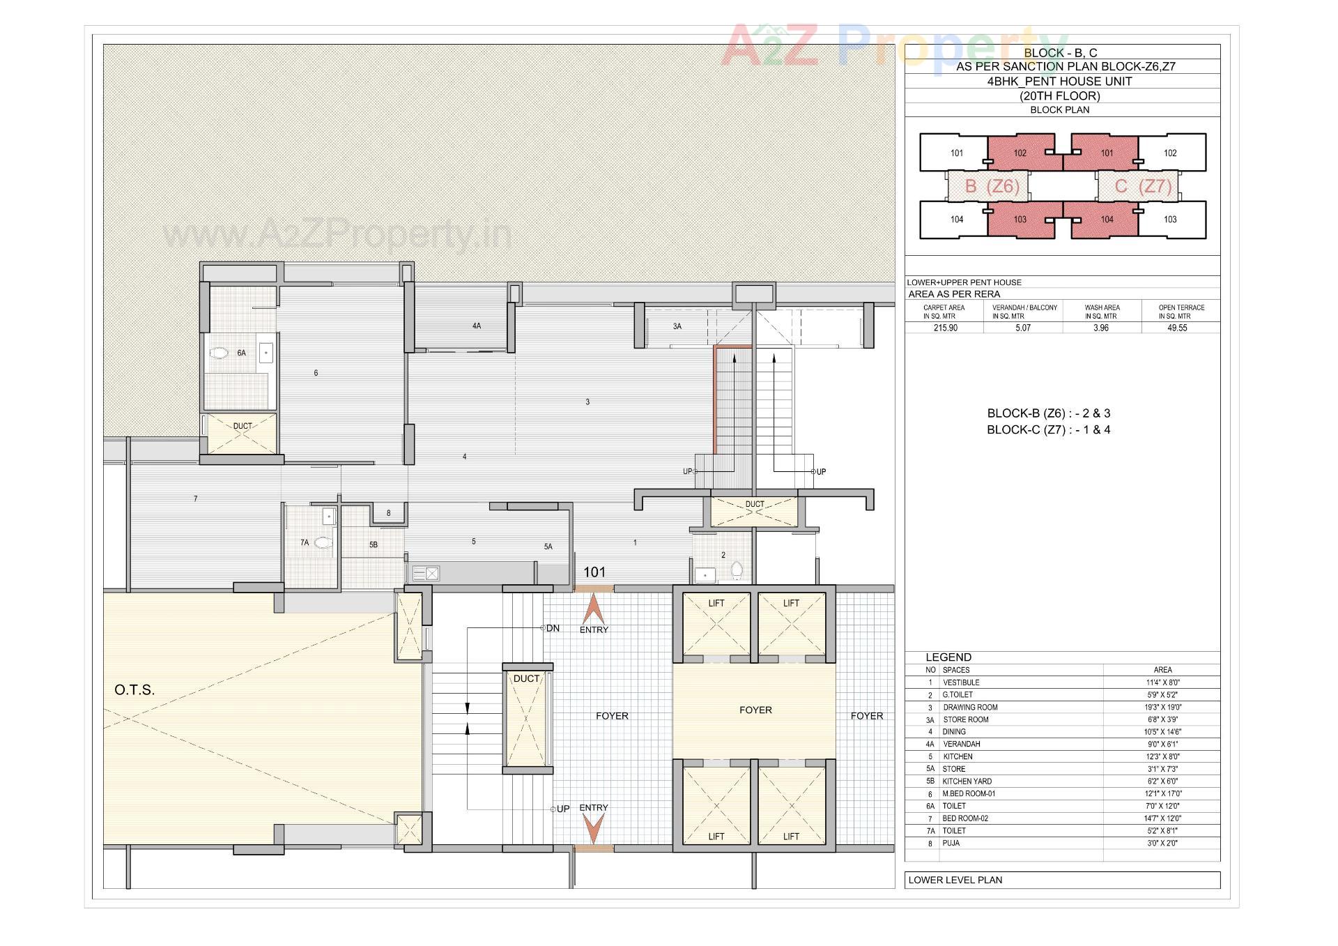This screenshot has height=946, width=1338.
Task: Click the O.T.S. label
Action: click(x=134, y=690)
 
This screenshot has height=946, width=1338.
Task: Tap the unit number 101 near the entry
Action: click(x=594, y=572)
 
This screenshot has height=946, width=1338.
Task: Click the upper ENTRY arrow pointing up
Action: click(x=594, y=608)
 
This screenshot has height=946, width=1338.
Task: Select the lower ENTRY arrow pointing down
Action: click(x=594, y=829)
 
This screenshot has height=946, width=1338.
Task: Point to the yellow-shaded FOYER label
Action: click(x=755, y=710)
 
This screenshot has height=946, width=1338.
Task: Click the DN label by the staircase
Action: click(x=553, y=628)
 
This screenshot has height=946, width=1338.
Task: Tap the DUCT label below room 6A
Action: click(x=243, y=426)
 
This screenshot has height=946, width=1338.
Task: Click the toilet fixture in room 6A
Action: click(x=220, y=353)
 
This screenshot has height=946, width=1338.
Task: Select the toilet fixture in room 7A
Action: click(x=323, y=542)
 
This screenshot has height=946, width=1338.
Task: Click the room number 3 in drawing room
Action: click(x=587, y=402)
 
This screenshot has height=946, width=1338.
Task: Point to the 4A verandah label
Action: click(x=477, y=326)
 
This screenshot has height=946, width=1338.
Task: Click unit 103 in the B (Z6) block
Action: click(x=1020, y=220)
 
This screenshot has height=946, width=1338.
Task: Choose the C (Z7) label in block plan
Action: click(x=1137, y=186)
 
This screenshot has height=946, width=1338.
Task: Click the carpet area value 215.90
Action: click(x=945, y=328)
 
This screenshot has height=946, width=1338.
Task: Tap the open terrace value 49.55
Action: click(x=1177, y=328)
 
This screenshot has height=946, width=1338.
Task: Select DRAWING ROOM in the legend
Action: click(x=970, y=708)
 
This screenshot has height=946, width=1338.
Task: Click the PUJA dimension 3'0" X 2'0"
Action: click(x=1162, y=844)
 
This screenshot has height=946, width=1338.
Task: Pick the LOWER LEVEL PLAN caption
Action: click(x=955, y=880)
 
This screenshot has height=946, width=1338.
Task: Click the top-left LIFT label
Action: click(x=716, y=603)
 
